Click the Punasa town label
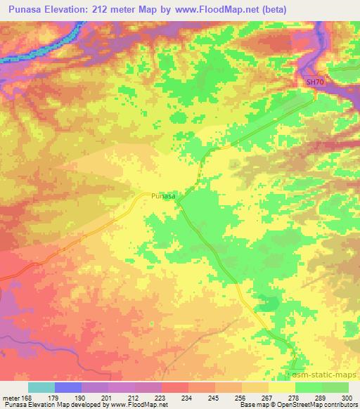pyautogui.click(x=163, y=197)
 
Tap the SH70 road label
pyautogui.click(x=314, y=82)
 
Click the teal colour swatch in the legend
pyautogui.click(x=41, y=387)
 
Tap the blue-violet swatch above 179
pyautogui.click(x=68, y=387)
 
